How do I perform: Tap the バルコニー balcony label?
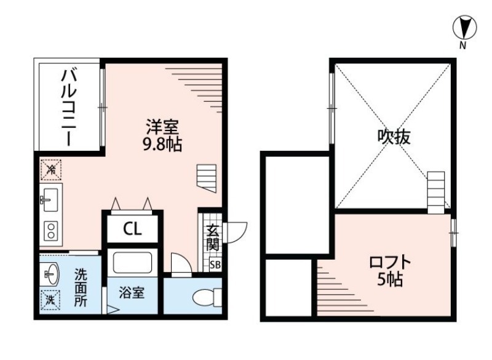click(x=69, y=108)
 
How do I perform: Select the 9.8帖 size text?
click(x=162, y=145)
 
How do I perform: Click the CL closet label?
click(x=132, y=229)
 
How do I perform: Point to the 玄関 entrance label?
click(x=213, y=238)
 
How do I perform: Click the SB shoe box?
click(x=215, y=265)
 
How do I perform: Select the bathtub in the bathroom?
click(x=132, y=262)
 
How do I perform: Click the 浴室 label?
click(x=132, y=293)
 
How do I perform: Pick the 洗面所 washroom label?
click(x=81, y=288)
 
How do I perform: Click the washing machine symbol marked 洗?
click(x=50, y=300)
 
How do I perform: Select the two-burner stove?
click(x=51, y=231)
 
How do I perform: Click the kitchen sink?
click(x=50, y=200)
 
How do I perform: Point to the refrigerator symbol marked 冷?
click(x=51, y=170)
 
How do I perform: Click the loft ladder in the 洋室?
click(x=207, y=178)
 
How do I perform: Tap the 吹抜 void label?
click(x=394, y=137)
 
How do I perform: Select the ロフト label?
click(x=390, y=262)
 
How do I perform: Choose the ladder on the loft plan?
click(x=436, y=193)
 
